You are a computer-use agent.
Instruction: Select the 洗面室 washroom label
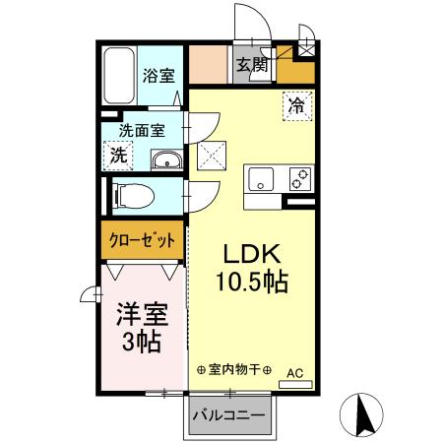point(142,129)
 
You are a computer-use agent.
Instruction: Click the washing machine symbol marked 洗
point(118,155)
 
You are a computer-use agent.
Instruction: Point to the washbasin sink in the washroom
point(163,161)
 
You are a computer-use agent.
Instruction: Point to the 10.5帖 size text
point(252,283)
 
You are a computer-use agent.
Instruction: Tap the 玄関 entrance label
point(251,66)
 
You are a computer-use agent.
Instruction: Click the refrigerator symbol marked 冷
point(295,103)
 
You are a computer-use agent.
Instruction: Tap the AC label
point(295,372)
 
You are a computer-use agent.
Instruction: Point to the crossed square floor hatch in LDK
point(213,156)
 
